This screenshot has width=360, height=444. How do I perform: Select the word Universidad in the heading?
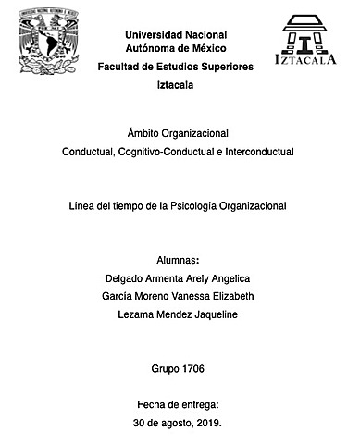[153, 35]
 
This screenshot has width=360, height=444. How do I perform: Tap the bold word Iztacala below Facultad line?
[179, 85]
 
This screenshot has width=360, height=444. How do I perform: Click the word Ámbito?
[138, 133]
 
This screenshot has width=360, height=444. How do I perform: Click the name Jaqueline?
[223, 314]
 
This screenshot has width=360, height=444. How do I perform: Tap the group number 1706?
[192, 368]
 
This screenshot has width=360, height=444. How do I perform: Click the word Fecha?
[153, 404]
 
